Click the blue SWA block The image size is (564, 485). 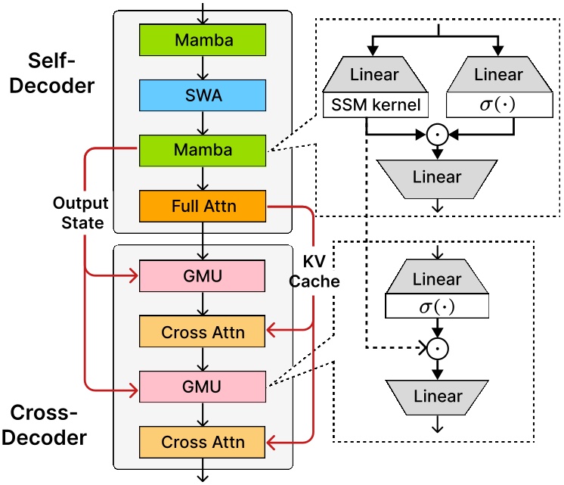(203, 95)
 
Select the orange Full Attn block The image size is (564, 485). (203, 205)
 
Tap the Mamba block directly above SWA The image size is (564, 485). (203, 39)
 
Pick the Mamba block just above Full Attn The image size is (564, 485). (203, 150)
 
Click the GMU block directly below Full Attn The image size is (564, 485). (203, 276)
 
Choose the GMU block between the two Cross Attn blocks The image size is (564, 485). (203, 387)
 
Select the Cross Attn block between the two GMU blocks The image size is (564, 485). (203, 331)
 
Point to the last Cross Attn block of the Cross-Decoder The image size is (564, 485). (203, 442)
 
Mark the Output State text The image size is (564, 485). (81, 214)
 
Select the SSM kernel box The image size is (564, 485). (376, 104)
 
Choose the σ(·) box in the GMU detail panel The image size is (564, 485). (436, 306)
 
